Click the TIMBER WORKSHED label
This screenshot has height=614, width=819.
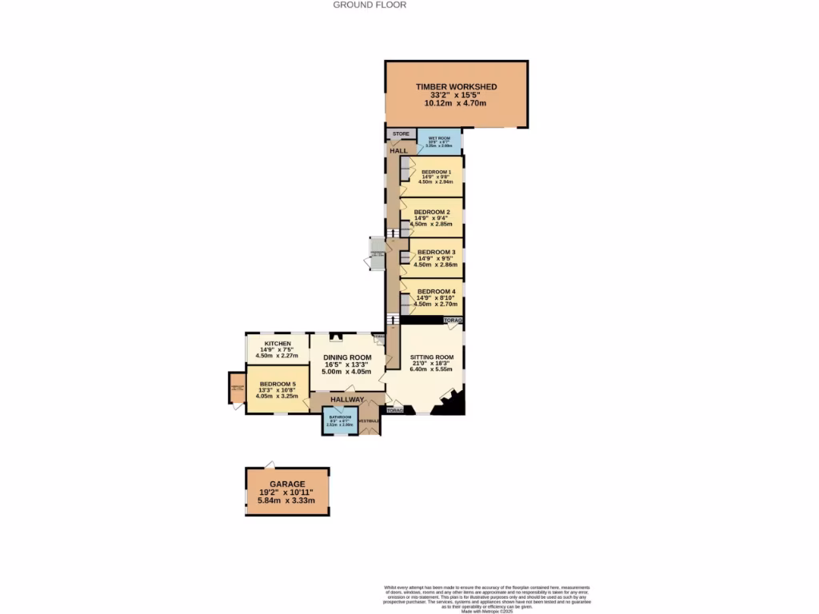click(456, 86)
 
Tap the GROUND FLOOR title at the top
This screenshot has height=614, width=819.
click(370, 5)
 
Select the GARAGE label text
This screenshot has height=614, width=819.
click(286, 484)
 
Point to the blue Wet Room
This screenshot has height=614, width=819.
click(439, 142)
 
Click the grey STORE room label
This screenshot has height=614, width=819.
click(401, 134)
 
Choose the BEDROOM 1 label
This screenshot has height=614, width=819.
click(437, 172)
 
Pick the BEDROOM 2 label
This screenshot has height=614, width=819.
click(436, 212)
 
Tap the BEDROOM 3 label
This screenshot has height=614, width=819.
click(436, 252)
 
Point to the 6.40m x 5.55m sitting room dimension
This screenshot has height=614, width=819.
click(432, 369)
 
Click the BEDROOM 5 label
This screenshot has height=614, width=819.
click(277, 384)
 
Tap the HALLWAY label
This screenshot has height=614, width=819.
click(347, 400)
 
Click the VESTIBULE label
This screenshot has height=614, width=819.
click(369, 421)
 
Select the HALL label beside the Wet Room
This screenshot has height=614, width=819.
click(398, 150)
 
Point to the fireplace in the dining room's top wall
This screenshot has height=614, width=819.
click(337, 337)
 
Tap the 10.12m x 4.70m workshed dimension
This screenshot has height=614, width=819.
click(456, 104)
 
